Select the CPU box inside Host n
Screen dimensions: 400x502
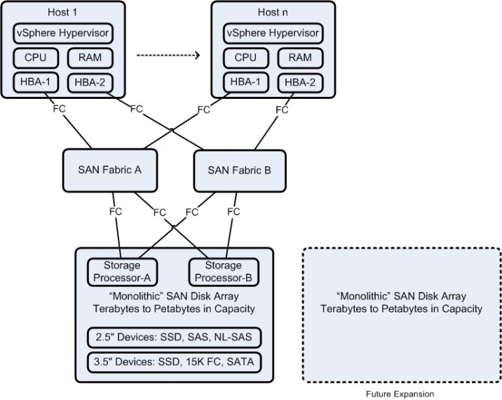pos(245,58)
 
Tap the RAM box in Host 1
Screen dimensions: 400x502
pos(89,58)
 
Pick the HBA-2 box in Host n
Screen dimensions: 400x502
pos(299,82)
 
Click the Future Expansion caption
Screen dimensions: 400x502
pos(401,394)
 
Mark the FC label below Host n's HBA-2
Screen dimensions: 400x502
pos(283,109)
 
